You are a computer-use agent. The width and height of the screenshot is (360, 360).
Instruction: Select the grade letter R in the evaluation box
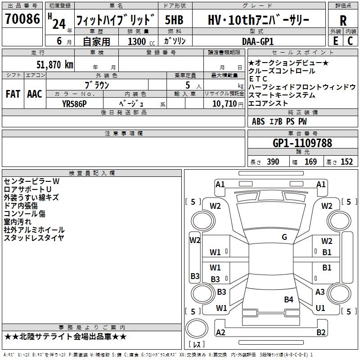[343, 21]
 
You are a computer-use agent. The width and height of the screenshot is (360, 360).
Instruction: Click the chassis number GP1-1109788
[302, 143]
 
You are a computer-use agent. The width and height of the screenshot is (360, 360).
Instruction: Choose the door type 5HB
[174, 20]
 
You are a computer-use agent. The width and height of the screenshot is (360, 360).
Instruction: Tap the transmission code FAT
[13, 94]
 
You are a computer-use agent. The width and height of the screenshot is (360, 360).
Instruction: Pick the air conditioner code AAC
[34, 94]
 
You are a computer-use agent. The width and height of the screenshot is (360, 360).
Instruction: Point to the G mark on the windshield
[284, 237]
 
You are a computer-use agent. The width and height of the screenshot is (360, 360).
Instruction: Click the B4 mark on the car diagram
[288, 299]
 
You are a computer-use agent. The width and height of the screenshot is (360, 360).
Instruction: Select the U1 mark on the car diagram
[320, 308]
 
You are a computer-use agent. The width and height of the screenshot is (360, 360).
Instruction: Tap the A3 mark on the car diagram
[320, 292]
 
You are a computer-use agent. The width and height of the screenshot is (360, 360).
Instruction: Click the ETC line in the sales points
[258, 79]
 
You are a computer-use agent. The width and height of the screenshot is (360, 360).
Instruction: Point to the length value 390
[273, 162]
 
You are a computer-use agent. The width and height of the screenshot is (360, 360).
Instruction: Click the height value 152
[346, 162]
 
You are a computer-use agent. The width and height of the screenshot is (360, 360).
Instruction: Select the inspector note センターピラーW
[31, 181]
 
